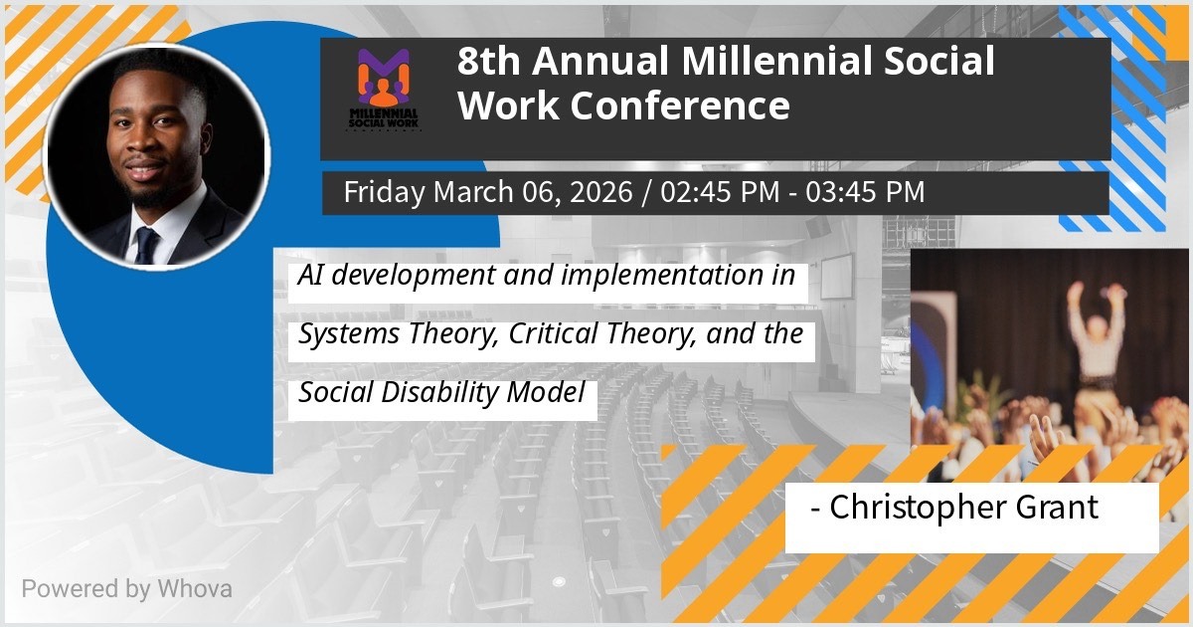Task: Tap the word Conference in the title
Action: tap(680, 105)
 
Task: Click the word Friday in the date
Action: tap(384, 192)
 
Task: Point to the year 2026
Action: tap(600, 192)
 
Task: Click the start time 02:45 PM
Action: tap(720, 192)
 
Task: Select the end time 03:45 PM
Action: tap(865, 192)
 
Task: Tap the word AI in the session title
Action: tap(310, 275)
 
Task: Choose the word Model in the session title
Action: tap(546, 392)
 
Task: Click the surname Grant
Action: tap(1057, 507)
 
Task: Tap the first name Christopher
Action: tap(918, 508)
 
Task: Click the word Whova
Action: tap(195, 589)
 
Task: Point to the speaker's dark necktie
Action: tap(147, 245)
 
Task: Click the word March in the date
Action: tap(473, 192)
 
